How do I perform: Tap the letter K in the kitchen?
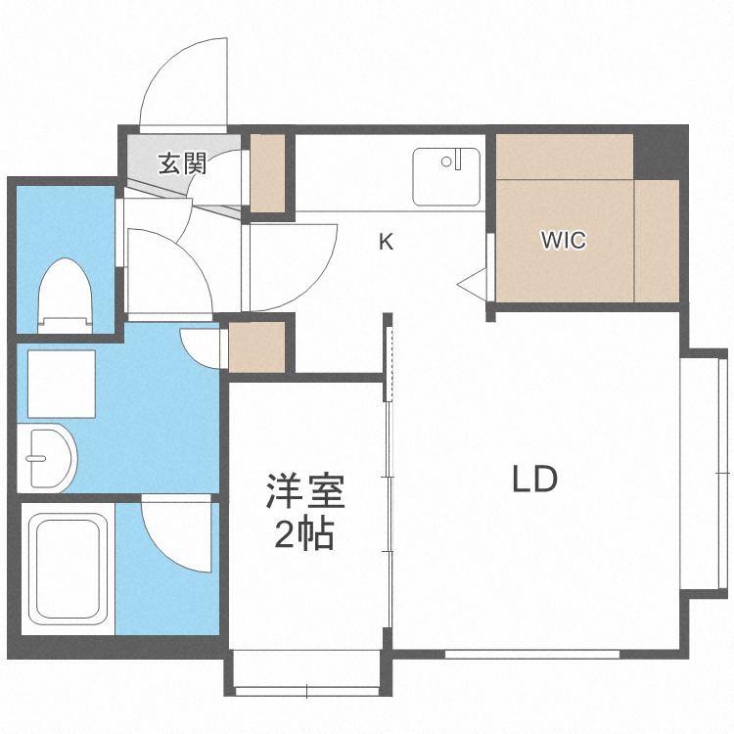386,242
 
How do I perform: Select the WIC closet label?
563,240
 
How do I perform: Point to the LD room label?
534,479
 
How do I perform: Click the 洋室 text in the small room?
305,491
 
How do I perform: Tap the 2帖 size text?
304,533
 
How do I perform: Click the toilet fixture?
65,296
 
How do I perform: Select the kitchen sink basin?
446,177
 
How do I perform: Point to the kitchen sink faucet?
453,160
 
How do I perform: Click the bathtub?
69,569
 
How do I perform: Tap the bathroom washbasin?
46,458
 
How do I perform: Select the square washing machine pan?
62,384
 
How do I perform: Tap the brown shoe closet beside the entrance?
268,173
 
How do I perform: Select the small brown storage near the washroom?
256,346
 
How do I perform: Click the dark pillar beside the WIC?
660,153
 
